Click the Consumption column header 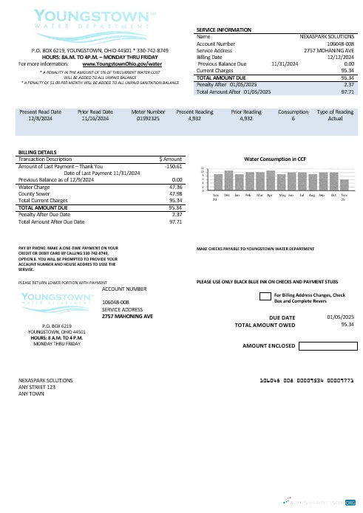click(x=293, y=111)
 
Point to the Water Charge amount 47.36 click(x=175, y=187)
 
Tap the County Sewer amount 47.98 click(x=175, y=194)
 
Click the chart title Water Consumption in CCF click(x=275, y=159)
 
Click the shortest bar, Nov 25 click(x=345, y=186)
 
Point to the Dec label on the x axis click(x=228, y=196)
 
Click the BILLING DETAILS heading click(x=36, y=152)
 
